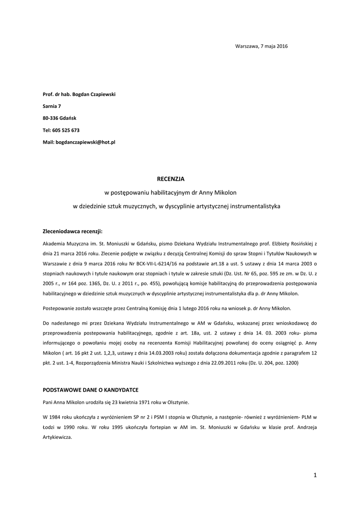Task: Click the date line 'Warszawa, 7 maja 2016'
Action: pos(261,46)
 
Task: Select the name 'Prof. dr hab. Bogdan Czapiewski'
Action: pos(79,94)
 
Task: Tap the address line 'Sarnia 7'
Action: pos(52,106)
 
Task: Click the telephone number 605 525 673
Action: pos(66,130)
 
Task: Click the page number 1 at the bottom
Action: pos(315,475)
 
